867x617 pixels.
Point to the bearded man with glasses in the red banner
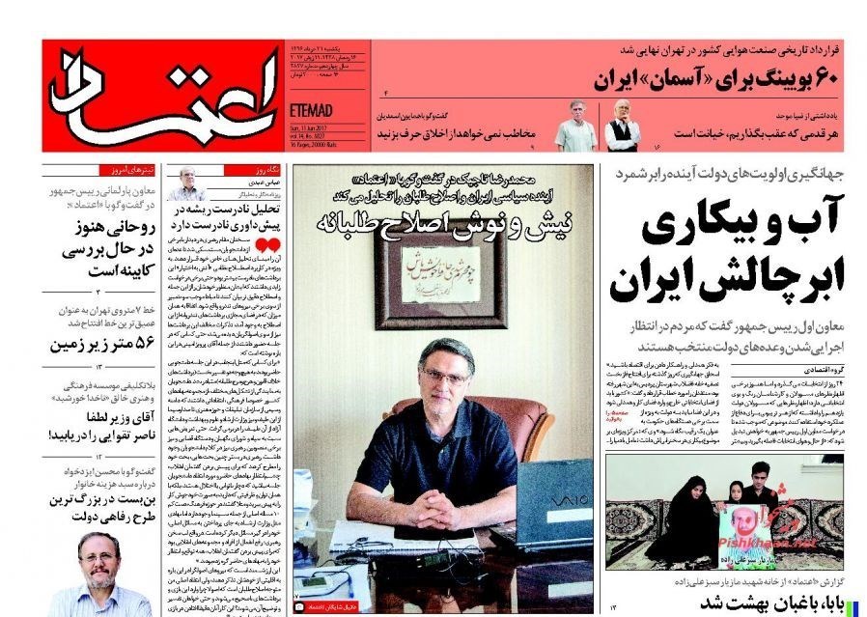click(x=623, y=124)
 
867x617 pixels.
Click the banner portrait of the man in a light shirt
click(x=577, y=125)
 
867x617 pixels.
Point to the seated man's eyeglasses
click(x=446, y=375)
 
